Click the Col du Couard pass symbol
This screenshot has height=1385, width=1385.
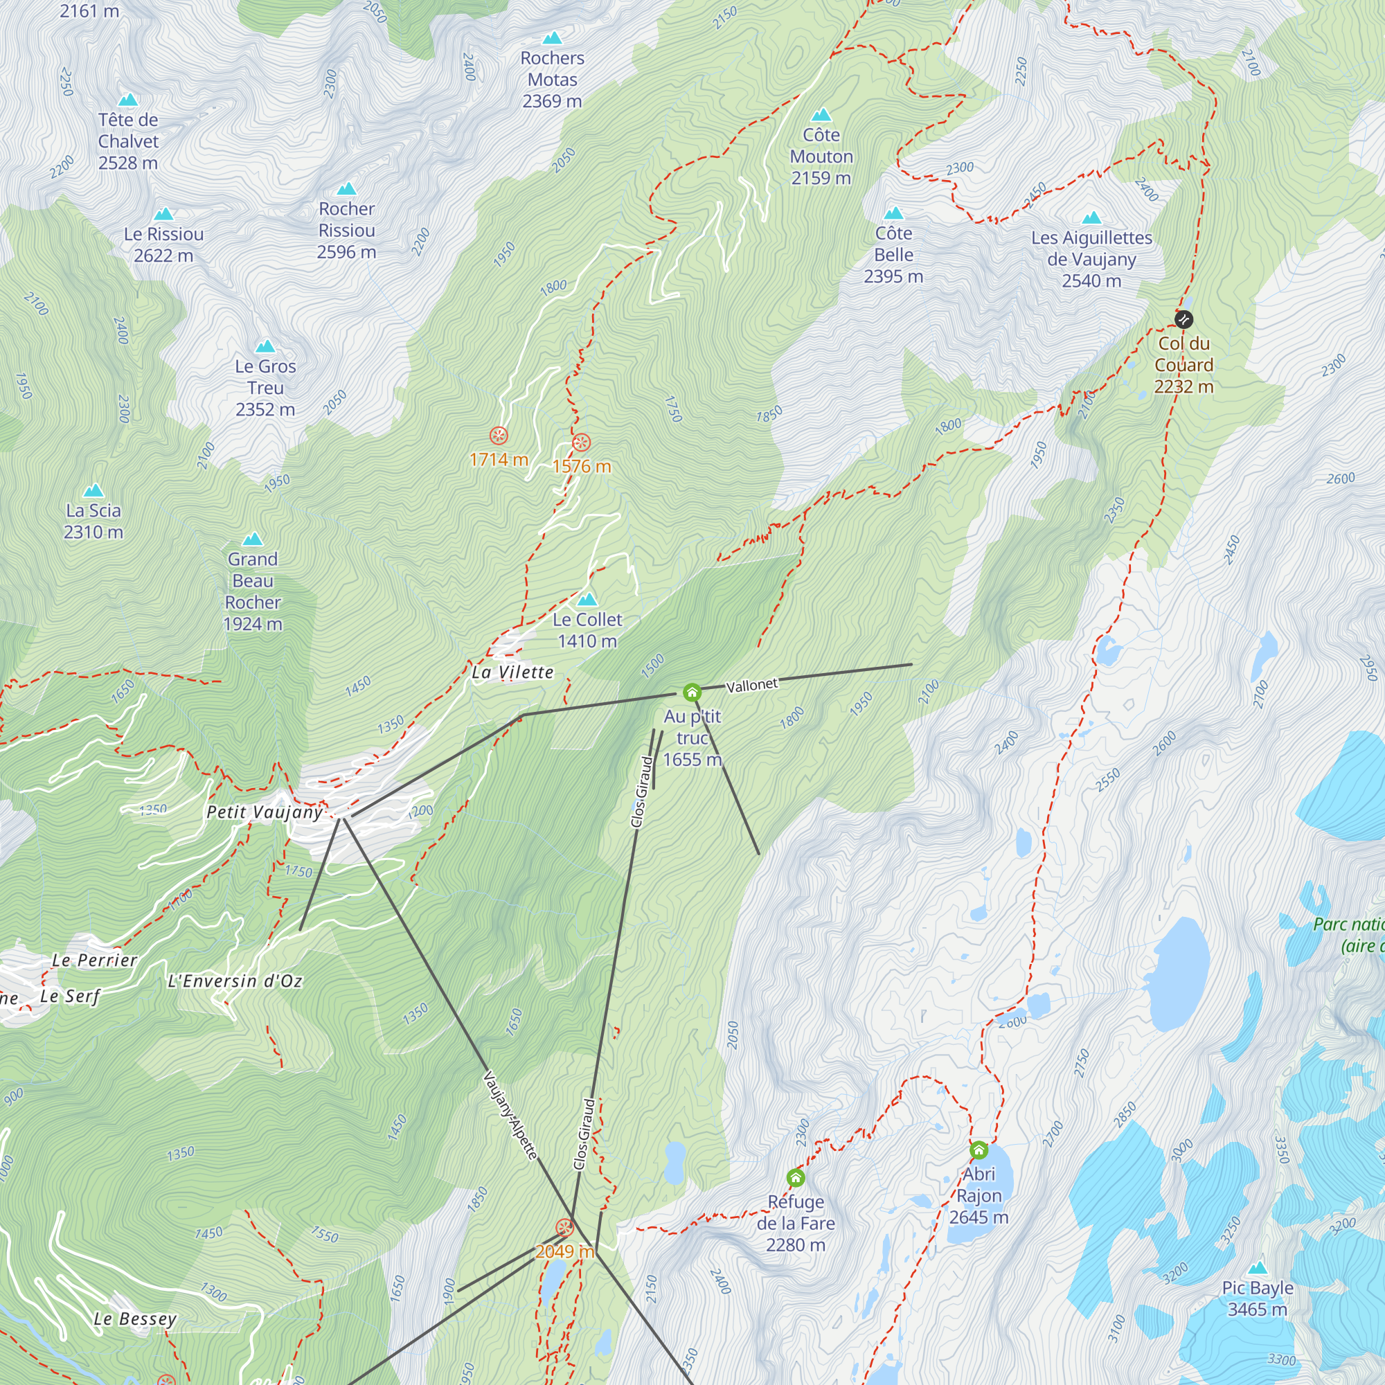1183,319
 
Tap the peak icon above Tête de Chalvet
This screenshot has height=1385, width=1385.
127,100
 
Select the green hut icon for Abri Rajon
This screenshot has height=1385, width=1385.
979,1150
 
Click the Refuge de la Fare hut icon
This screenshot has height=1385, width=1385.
796,1178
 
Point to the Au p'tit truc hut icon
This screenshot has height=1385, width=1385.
692,692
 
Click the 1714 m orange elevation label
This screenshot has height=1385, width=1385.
499,460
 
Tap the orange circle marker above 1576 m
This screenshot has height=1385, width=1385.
582,443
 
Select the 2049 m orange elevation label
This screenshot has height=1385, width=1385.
565,1251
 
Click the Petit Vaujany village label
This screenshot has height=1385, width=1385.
265,812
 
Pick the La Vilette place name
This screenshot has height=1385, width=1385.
512,672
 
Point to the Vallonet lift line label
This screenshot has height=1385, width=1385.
751,686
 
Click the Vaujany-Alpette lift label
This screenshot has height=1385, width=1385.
510,1115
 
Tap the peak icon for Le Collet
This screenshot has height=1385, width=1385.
587,599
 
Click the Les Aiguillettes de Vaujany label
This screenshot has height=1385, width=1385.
1091,259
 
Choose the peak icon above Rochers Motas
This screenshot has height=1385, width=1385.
552,38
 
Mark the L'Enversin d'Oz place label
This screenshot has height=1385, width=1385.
235,981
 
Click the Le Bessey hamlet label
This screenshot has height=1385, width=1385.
135,1319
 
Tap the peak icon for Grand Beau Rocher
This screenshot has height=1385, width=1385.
252,539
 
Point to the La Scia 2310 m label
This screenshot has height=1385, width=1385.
93,521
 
